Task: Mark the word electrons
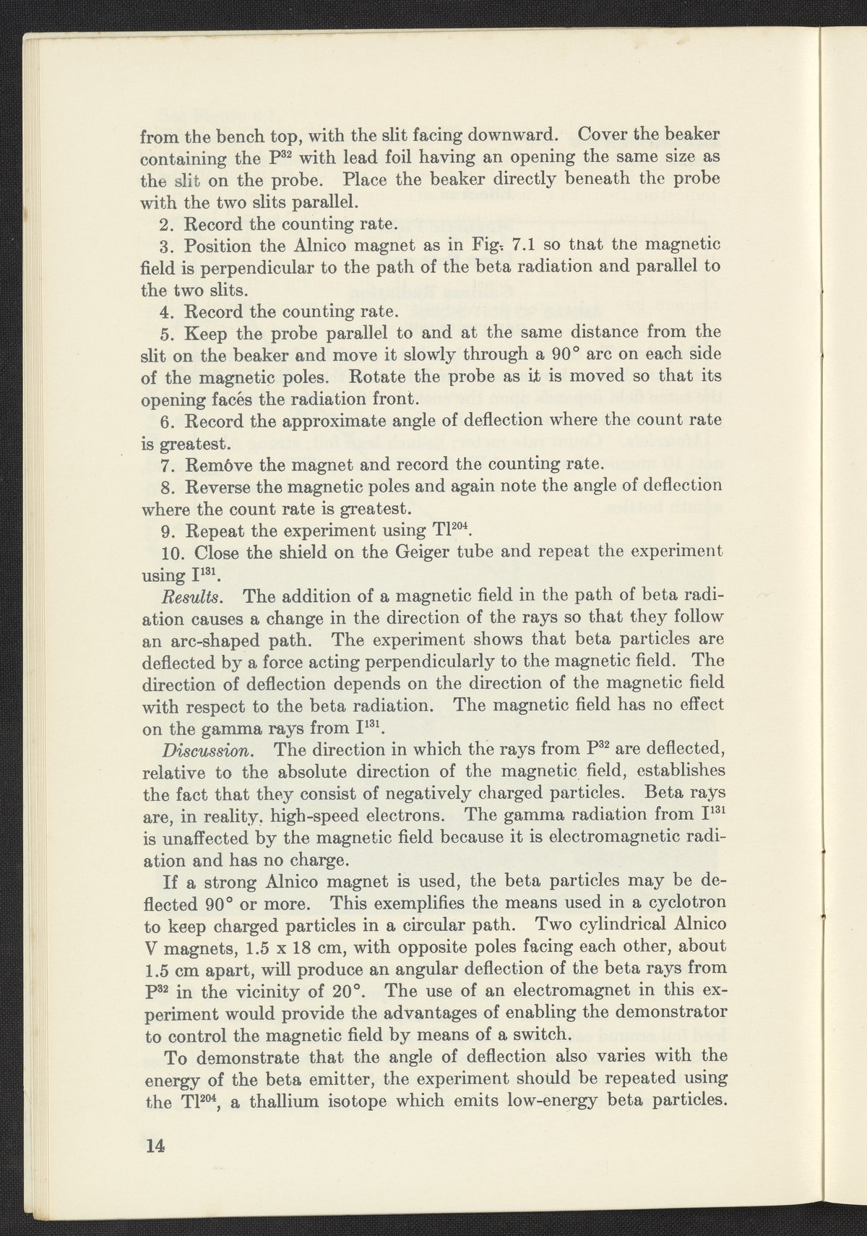coord(405,815)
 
